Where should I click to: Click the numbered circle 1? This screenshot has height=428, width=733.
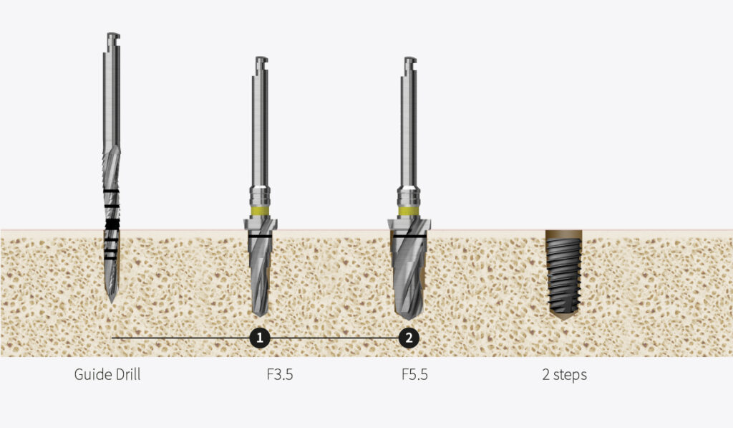tap(260, 338)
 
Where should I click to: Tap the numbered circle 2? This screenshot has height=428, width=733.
tap(408, 338)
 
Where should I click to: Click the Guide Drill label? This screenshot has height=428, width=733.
tap(107, 374)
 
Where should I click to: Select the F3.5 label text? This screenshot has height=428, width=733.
tap(275, 374)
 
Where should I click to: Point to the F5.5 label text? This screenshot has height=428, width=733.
tap(414, 374)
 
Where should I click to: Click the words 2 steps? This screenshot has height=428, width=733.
tap(564, 374)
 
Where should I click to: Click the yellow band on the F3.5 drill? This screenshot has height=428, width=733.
tap(261, 212)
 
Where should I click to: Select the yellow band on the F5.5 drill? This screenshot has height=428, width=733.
tap(408, 212)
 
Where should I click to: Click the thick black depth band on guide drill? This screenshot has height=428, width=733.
tap(111, 225)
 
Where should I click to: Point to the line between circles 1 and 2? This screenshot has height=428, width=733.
tap(334, 338)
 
